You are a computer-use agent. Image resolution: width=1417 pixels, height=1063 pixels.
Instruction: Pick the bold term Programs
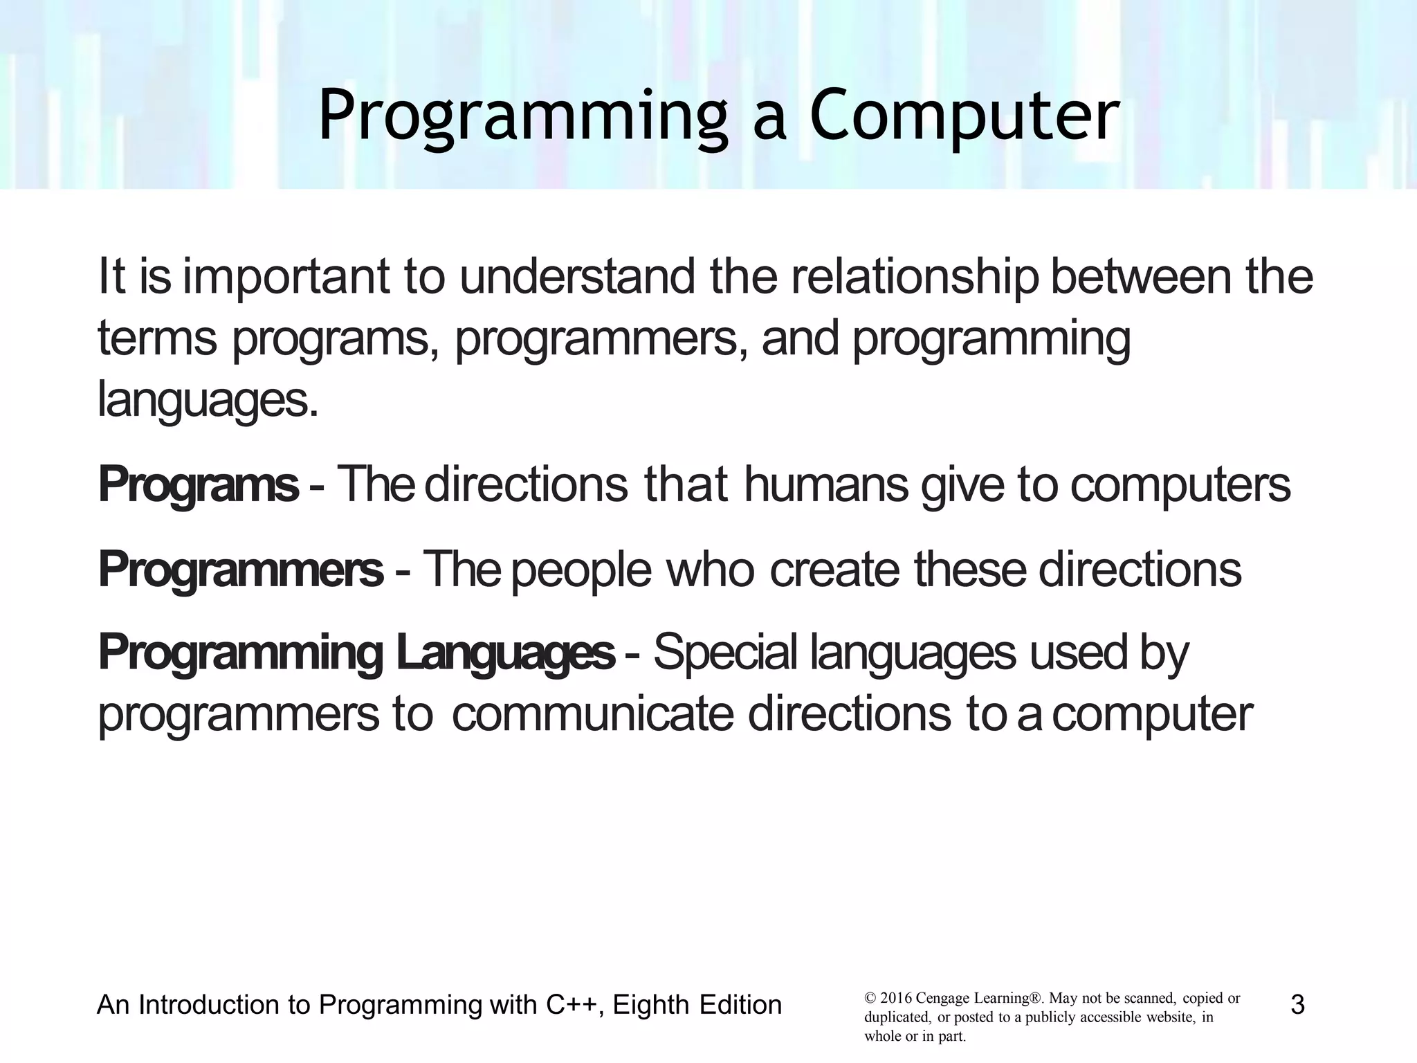pos(199,486)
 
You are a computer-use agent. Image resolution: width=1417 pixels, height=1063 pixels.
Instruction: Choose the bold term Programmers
pos(240,570)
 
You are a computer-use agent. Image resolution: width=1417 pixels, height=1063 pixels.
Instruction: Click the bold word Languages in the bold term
pos(504,653)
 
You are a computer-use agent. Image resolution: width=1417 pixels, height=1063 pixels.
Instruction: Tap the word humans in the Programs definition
pos(826,486)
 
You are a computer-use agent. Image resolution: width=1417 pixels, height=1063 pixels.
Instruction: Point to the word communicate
pos(592,715)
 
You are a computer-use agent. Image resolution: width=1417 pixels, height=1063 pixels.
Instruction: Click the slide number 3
pos(1297,1005)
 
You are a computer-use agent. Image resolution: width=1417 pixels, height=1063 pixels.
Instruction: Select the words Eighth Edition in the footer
pos(697,1005)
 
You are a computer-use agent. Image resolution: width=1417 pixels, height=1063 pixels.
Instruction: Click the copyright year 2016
pos(895,999)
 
